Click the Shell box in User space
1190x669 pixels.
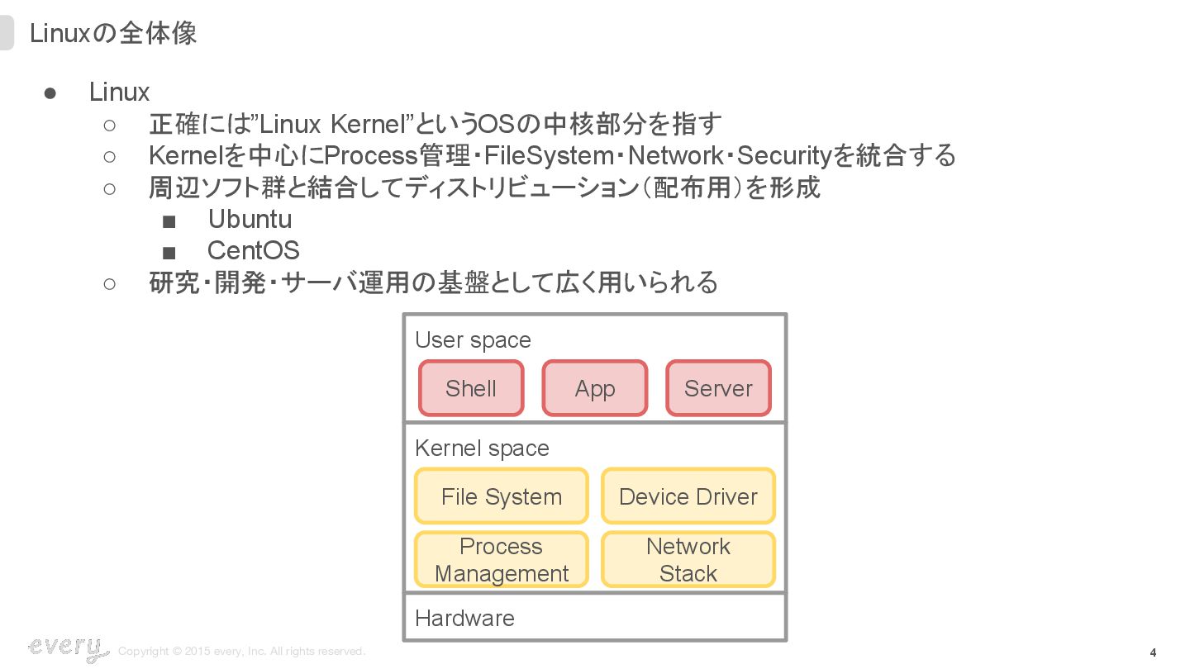point(471,388)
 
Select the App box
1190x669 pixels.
point(595,388)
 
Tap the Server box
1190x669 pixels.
point(718,388)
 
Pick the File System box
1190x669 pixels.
point(502,496)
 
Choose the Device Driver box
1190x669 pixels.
point(688,496)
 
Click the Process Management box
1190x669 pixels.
point(502,559)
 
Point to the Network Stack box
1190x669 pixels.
point(688,559)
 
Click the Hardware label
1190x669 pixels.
point(464,618)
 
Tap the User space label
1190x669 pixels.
point(473,339)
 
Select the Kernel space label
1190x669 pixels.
point(482,448)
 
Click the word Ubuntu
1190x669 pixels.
point(250,219)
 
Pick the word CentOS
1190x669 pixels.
point(253,250)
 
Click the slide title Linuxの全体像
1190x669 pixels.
point(113,33)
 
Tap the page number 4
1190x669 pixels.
point(1153,652)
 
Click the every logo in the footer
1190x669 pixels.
point(68,648)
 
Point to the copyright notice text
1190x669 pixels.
point(241,652)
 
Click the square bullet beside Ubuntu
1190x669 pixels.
point(169,221)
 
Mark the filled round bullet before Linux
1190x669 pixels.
point(50,93)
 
